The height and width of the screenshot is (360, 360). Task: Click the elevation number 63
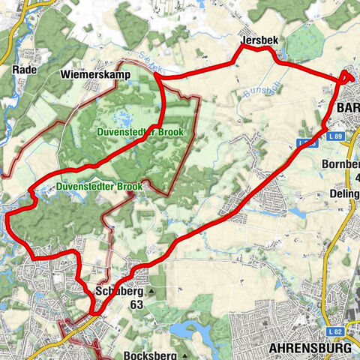click(x=136, y=305)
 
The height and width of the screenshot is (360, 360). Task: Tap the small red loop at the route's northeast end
click(x=349, y=76)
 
